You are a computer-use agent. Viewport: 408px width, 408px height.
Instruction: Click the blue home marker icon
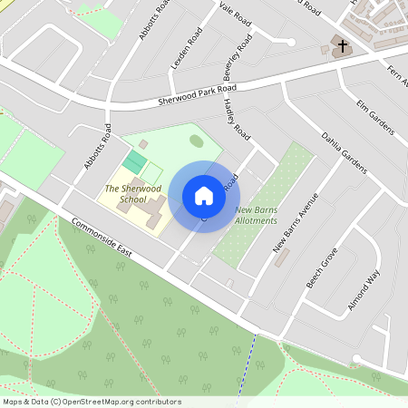coord(204,196)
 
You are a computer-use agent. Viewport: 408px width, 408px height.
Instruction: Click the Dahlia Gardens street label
coord(344,151)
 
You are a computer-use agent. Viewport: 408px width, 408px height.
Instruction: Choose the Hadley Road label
coord(237,118)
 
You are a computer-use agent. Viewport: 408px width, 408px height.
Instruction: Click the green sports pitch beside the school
coord(134,163)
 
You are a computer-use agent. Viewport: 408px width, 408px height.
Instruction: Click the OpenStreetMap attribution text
coord(92,402)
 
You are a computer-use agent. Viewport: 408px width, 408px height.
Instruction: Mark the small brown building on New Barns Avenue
coord(281,258)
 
